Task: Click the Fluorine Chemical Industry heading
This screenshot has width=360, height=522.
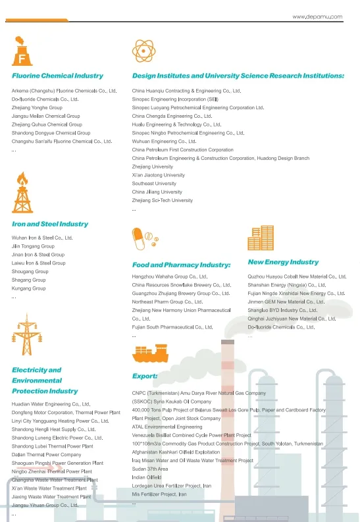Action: [x=57, y=76]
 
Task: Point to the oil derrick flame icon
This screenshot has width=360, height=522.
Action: [x=22, y=192]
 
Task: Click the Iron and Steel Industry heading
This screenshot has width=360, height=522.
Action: [x=50, y=224]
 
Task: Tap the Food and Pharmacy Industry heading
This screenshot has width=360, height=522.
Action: [x=181, y=265]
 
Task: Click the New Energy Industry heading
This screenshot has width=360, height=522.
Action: [x=283, y=262]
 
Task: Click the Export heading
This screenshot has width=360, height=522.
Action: [x=145, y=377]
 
